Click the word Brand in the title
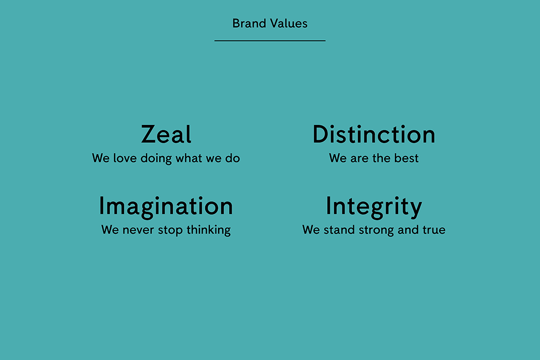[x=249, y=24]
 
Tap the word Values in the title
[x=289, y=24]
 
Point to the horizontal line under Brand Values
[x=270, y=41]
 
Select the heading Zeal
[x=166, y=134]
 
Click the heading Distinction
[x=374, y=134]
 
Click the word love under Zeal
[x=124, y=158]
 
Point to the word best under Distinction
[x=406, y=158]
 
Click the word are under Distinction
[x=359, y=159]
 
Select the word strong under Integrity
[x=376, y=230]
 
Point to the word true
[x=434, y=230]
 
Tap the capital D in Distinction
[x=321, y=134]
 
